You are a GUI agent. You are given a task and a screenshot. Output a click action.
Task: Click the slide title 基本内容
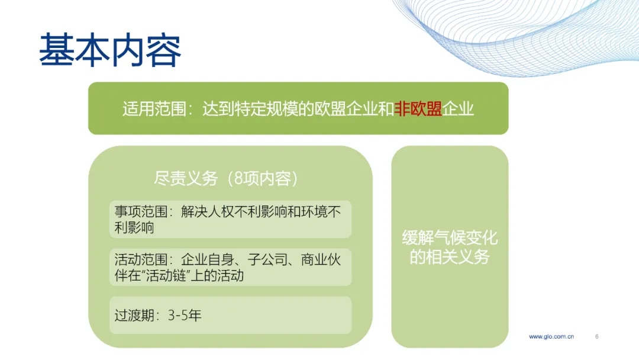click(110, 50)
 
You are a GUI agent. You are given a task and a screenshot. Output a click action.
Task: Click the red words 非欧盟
click(418, 109)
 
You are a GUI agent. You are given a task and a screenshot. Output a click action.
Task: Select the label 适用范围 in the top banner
click(154, 109)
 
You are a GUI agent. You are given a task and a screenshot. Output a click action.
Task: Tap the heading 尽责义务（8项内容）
click(226, 178)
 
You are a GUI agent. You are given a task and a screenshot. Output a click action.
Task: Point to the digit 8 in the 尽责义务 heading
click(238, 178)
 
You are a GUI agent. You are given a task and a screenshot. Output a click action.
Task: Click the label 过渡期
click(134, 315)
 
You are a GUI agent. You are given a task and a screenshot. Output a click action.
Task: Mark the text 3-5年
click(185, 315)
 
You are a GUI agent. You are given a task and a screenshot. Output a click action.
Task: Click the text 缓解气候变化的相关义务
click(450, 247)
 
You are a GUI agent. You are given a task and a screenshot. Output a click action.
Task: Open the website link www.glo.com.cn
click(551, 336)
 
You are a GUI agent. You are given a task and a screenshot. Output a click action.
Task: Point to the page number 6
click(596, 336)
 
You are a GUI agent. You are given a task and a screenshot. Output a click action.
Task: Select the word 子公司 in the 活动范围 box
click(267, 259)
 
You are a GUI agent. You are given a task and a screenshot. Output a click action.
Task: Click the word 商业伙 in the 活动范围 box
click(321, 259)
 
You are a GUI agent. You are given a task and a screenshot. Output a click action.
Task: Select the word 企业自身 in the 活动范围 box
click(208, 259)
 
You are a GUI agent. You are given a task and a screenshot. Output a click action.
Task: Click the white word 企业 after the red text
click(458, 109)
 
